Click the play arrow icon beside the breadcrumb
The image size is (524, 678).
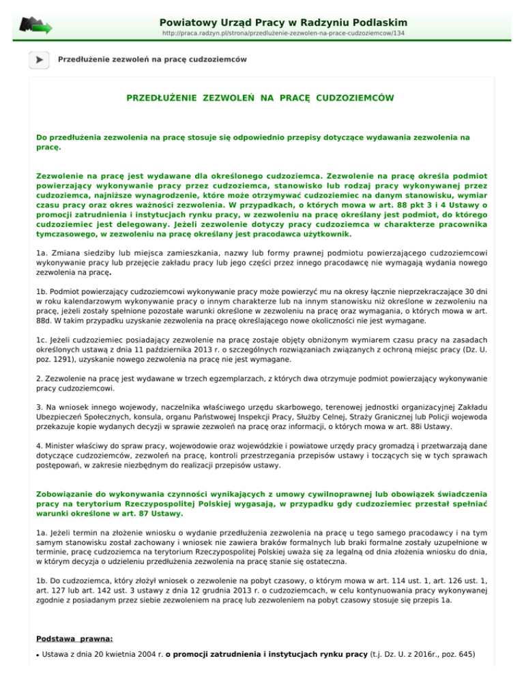(x=39, y=60)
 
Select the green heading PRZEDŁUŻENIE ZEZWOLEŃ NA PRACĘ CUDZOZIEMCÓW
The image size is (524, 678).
(x=261, y=98)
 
